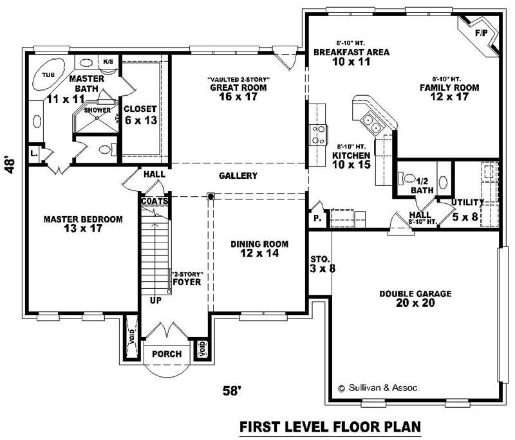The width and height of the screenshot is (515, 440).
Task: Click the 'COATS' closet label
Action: click(x=155, y=201)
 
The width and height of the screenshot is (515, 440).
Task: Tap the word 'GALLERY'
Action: click(x=238, y=176)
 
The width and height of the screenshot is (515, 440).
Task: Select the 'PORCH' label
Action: click(x=167, y=354)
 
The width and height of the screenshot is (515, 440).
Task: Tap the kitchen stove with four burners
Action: click(x=318, y=133)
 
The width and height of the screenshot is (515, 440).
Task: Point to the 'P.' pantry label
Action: click(x=317, y=218)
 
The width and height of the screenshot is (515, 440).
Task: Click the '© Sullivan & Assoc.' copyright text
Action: click(x=379, y=388)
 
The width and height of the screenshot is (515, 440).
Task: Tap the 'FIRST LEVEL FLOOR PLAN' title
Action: click(x=330, y=426)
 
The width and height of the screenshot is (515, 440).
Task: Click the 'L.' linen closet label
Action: click(x=32, y=153)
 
